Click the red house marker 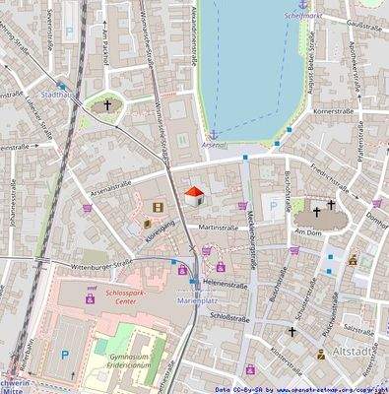tap(194, 194)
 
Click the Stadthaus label tap(59, 96)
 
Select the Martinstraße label tap(219, 228)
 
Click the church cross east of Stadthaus tap(107, 103)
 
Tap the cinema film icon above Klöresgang tap(159, 208)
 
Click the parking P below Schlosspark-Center tap(65, 354)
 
